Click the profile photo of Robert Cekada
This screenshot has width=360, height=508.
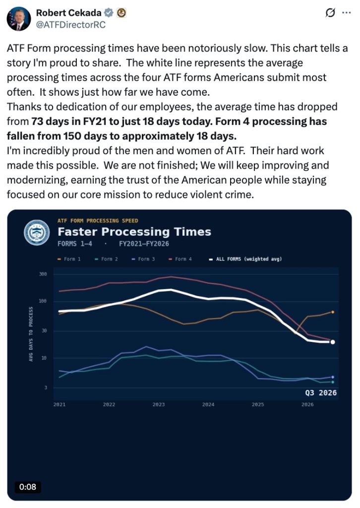[18, 18]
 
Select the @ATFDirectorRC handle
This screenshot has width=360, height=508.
[70, 25]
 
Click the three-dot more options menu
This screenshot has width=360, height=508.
[347, 13]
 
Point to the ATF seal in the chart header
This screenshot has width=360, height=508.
[37, 232]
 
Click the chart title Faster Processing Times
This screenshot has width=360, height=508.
[134, 232]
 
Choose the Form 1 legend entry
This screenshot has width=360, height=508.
[69, 259]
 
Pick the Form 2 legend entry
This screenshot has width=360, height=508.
[106, 259]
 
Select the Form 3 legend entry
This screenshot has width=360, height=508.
[143, 259]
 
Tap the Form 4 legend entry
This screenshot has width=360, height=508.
[180, 259]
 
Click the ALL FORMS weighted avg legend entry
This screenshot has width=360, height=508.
[245, 259]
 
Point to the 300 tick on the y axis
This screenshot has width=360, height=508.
[43, 274]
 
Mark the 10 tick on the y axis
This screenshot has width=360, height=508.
[44, 358]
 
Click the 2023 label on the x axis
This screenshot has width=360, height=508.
[159, 404]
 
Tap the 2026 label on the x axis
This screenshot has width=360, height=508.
[307, 404]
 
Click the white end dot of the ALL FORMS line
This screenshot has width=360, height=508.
[333, 342]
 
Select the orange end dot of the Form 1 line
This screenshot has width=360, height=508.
[333, 312]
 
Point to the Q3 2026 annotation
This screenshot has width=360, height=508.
[321, 393]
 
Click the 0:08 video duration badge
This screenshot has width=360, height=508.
[28, 487]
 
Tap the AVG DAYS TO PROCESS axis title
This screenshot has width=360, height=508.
[31, 334]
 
